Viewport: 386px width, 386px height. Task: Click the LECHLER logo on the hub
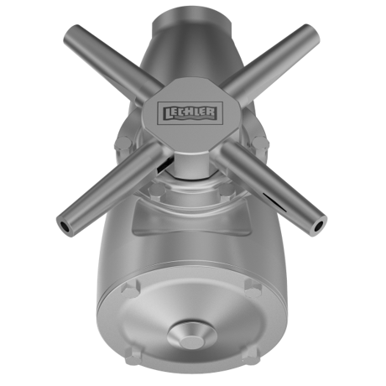click(190, 113)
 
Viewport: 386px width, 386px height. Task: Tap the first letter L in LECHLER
click(168, 113)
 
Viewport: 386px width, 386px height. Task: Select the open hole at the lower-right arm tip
click(318, 227)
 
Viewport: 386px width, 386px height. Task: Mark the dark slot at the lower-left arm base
click(164, 165)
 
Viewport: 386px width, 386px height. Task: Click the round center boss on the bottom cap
click(190, 336)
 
